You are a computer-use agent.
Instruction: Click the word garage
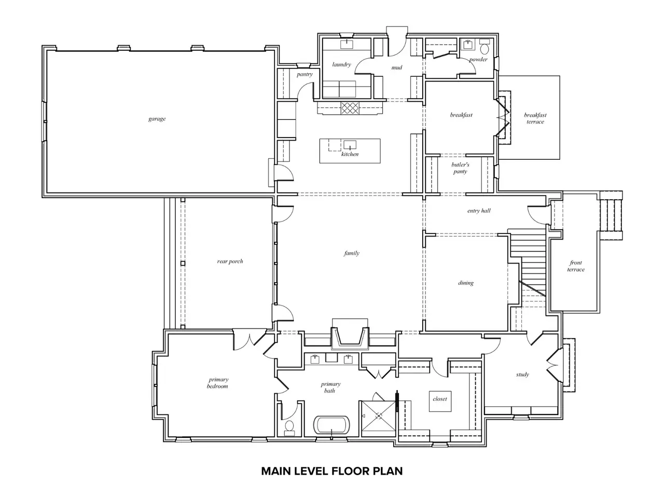157,119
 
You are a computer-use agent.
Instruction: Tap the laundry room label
341,64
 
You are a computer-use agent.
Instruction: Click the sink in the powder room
468,45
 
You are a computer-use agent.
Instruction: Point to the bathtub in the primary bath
331,425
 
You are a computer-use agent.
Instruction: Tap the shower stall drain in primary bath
379,416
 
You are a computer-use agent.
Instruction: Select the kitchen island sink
350,145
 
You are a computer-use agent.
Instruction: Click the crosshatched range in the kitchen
350,108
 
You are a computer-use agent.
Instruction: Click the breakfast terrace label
535,118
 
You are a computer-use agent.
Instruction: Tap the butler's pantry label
460,168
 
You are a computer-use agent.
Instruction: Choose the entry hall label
479,211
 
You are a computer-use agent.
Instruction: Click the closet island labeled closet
440,401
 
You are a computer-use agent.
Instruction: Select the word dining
466,283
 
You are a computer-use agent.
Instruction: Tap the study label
522,375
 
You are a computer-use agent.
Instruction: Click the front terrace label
576,266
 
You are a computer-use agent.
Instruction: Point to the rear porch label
230,261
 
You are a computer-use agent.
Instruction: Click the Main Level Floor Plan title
332,471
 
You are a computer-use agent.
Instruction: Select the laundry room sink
347,45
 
